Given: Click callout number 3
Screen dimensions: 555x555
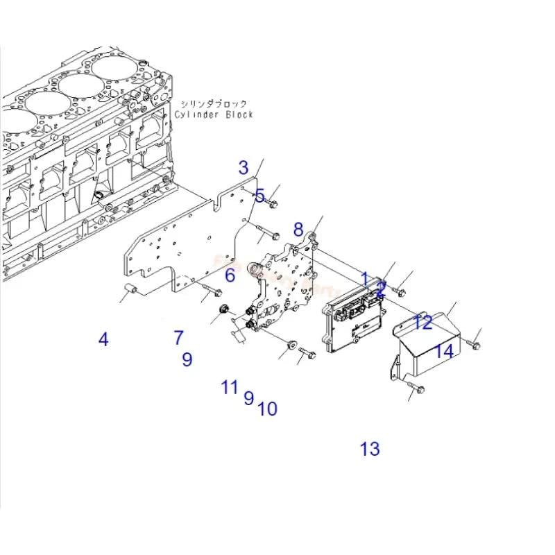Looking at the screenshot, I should coord(243,167).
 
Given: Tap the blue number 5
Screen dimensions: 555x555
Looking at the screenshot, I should coord(259,196).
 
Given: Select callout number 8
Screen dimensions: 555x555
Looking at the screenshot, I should coord(298,230).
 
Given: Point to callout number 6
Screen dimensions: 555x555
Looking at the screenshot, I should coord(230,275).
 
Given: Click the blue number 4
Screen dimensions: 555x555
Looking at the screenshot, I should coord(103,340).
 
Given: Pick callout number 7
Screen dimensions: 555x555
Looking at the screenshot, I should coord(179,338).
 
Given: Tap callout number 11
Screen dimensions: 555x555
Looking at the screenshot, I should coord(230,387).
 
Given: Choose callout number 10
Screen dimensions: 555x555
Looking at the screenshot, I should coord(267,409).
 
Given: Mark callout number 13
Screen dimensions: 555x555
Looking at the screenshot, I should coord(370,449).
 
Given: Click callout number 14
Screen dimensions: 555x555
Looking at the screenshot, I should coord(444,351).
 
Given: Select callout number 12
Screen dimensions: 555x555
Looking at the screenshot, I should coord(423,322).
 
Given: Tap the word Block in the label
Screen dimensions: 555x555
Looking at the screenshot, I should coord(239,114).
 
